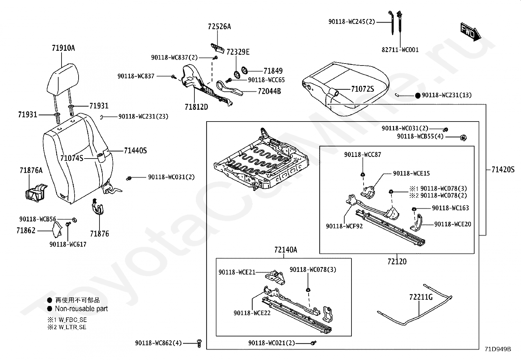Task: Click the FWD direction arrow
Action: [x=471, y=31]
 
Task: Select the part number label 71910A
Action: [x=63, y=48]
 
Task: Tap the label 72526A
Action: [x=219, y=27]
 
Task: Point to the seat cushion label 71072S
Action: [x=362, y=89]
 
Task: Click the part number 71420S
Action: [x=503, y=169]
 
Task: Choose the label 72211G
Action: [x=421, y=297]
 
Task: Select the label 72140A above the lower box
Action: [x=285, y=250]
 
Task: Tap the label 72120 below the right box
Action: [x=397, y=261]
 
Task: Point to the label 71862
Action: [x=26, y=230]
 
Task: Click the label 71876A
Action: [x=31, y=170]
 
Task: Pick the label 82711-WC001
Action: [x=400, y=50]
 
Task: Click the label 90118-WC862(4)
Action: [x=158, y=343]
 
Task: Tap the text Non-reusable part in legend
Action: [x=81, y=309]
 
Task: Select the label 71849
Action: [x=273, y=71]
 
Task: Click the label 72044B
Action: [x=269, y=91]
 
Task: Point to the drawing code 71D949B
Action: [x=498, y=349]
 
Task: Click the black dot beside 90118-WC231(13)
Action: [x=418, y=96]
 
